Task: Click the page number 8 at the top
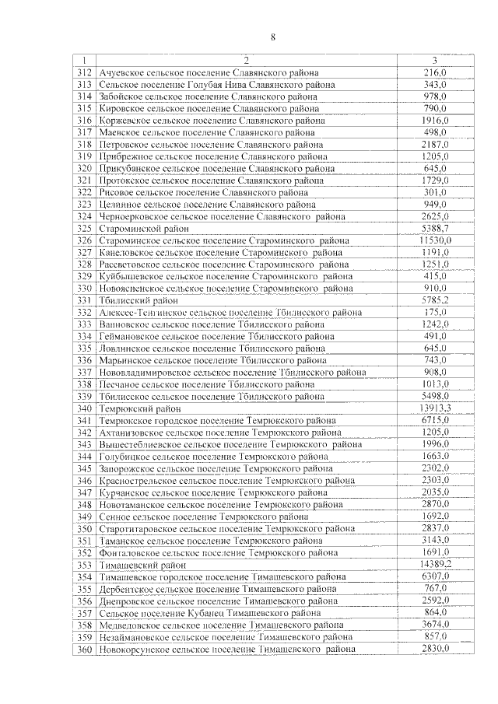(x=273, y=37)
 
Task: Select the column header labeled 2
(x=245, y=61)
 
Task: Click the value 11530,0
(x=440, y=241)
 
